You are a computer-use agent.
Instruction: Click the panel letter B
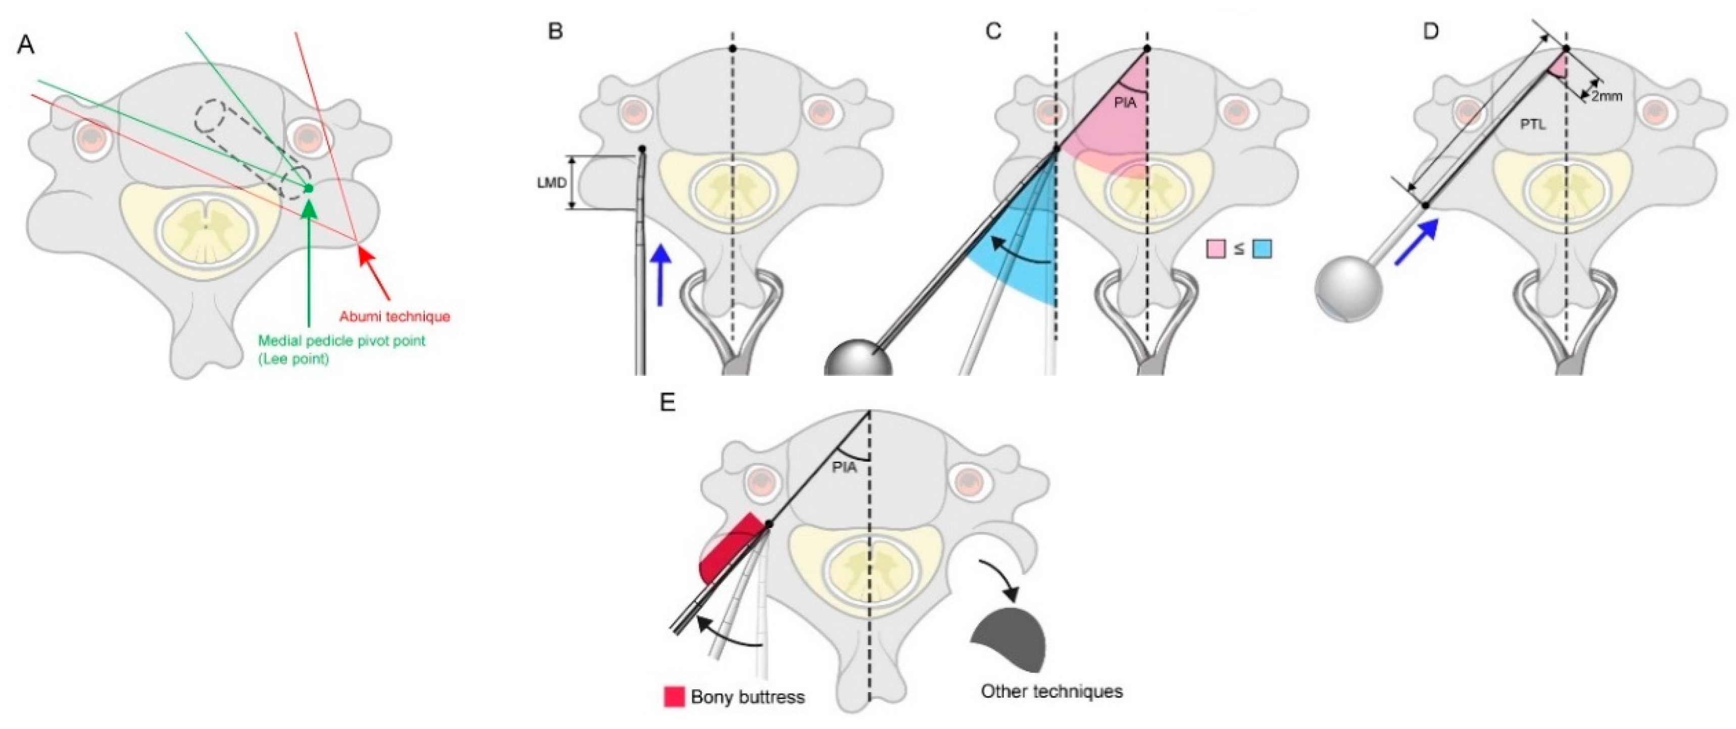tap(555, 31)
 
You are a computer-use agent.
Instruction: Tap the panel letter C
tap(993, 31)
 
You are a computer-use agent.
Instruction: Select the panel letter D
tap(1430, 31)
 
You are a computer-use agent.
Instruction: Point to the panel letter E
tap(667, 403)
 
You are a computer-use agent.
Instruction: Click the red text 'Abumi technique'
tap(394, 316)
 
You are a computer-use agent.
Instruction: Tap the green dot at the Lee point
tap(309, 188)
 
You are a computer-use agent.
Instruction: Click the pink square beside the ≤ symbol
tap(1216, 249)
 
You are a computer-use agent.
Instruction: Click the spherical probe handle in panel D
tap(1348, 289)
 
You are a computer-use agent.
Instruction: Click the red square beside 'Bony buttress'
tap(674, 697)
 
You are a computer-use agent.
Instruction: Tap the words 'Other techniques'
tap(1051, 691)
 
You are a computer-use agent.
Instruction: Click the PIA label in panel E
tap(844, 466)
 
